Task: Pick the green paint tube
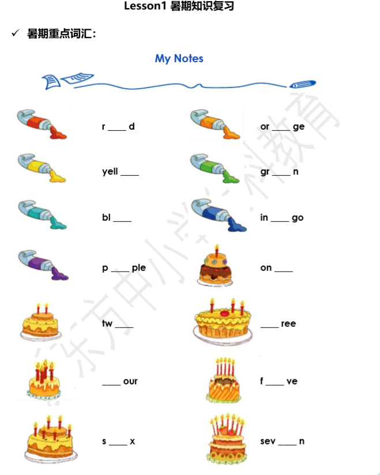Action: click(x=215, y=168)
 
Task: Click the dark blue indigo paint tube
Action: click(x=218, y=214)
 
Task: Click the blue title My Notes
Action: click(x=179, y=58)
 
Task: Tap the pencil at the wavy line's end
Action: click(x=303, y=84)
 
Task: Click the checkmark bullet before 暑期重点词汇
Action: click(x=16, y=34)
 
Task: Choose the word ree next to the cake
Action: click(x=288, y=324)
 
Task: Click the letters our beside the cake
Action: click(x=130, y=382)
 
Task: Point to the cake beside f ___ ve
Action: click(x=224, y=380)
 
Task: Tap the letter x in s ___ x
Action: click(x=132, y=442)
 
